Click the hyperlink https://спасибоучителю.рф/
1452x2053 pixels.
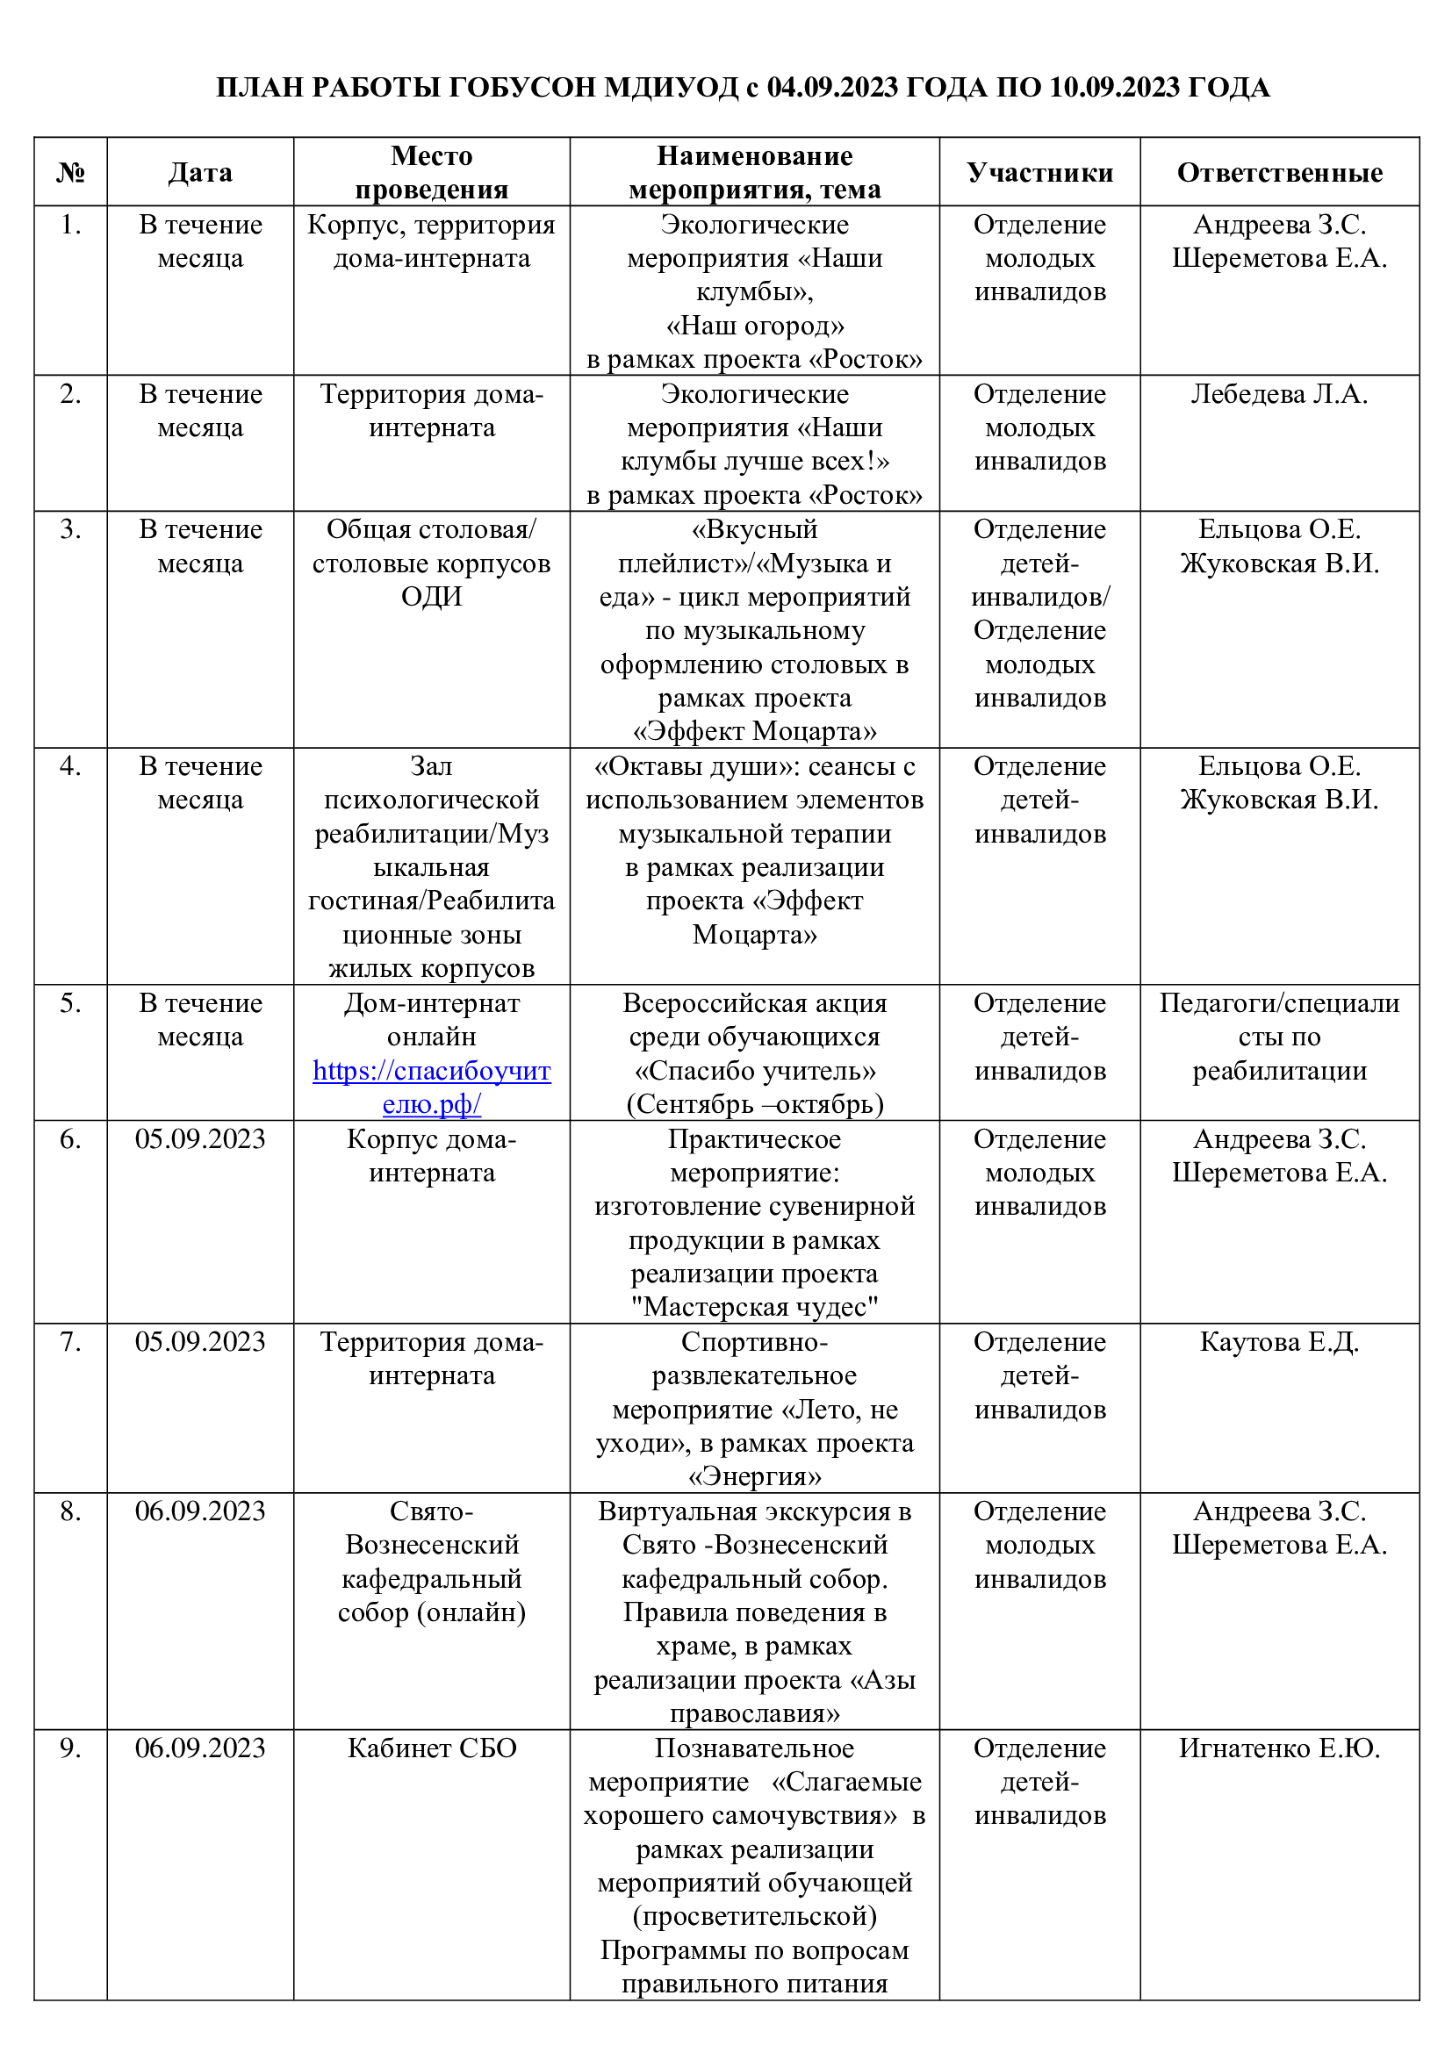tap(431, 1087)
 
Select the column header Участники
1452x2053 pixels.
tap(1039, 173)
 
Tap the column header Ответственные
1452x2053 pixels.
tap(1278, 173)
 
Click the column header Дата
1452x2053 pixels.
tap(200, 173)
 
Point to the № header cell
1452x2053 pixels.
tap(70, 173)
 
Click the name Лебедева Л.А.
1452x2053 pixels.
tap(1278, 394)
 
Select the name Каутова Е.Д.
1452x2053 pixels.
tap(1278, 1342)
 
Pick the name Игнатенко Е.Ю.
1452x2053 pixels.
tap(1278, 1748)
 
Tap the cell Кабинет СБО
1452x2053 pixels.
tap(431, 1748)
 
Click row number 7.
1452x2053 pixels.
tap(70, 1342)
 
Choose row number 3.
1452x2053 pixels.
tap(70, 529)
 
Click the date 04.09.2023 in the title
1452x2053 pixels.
tap(831, 88)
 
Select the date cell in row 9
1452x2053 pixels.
tap(200, 1748)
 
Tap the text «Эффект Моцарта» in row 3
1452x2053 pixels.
tap(755, 731)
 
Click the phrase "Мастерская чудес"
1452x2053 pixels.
tap(755, 1307)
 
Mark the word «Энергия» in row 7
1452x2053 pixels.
tap(755, 1476)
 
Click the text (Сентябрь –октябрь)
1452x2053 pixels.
tap(755, 1104)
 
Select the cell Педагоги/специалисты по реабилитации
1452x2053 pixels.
tap(1278, 1037)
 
